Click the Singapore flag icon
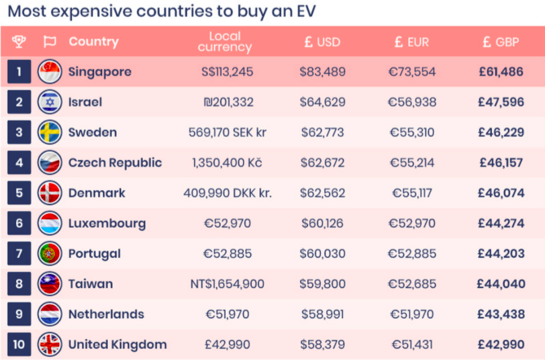pos(50,72)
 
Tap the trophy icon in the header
pos(19,42)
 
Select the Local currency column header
pos(225,42)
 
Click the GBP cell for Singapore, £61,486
pos(501,72)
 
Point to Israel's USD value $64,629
pos(322,102)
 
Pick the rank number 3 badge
pos(19,132)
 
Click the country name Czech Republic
pos(115,163)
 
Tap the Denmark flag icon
pos(50,193)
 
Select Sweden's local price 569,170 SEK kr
pos(228,132)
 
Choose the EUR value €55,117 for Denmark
pos(411,193)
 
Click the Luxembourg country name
pos(107,223)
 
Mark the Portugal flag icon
pos(50,253)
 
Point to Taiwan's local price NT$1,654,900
pos(228,284)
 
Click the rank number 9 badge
pos(19,314)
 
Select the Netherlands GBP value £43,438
pos(501,314)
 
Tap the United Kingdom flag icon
pos(50,345)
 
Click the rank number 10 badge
pos(19,345)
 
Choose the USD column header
pos(322,42)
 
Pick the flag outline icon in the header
pos(50,42)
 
